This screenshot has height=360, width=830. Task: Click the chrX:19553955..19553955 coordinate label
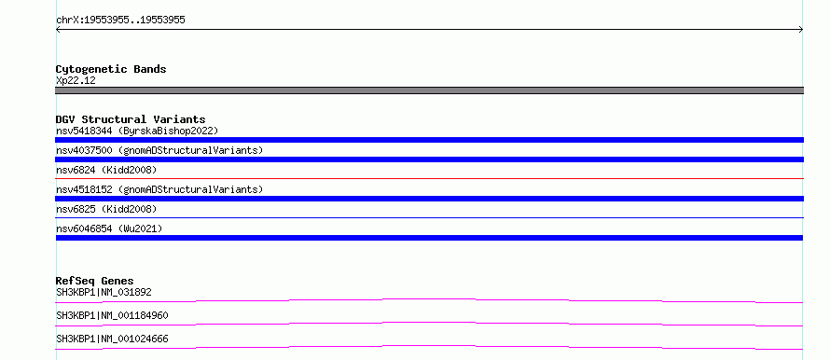[120, 21]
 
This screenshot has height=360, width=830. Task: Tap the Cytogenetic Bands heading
[111, 69]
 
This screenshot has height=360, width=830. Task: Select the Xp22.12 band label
[76, 81]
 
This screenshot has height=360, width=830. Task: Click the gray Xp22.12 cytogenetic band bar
[429, 90]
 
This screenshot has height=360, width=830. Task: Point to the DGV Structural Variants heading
[131, 119]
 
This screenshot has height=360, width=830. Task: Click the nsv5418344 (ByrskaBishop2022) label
[137, 131]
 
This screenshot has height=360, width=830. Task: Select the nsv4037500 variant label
[159, 150]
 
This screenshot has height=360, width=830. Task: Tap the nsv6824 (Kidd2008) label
[106, 170]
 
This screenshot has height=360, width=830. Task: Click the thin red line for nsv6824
[429, 178]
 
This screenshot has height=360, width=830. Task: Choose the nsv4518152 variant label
[159, 189]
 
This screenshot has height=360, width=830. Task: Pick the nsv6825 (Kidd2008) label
[106, 209]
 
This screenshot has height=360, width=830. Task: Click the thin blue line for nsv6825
[429, 217]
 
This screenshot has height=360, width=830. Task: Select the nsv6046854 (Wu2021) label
[109, 228]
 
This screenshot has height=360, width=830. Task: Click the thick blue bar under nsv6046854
[429, 238]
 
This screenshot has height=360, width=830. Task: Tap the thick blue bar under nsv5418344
[429, 140]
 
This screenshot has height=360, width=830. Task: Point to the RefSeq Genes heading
[95, 281]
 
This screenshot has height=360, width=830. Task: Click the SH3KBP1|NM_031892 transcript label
[104, 292]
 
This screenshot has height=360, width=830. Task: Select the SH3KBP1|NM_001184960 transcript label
[112, 315]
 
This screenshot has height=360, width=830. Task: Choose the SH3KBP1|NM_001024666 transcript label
[112, 339]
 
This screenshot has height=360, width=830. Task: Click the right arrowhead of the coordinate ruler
[802, 30]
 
